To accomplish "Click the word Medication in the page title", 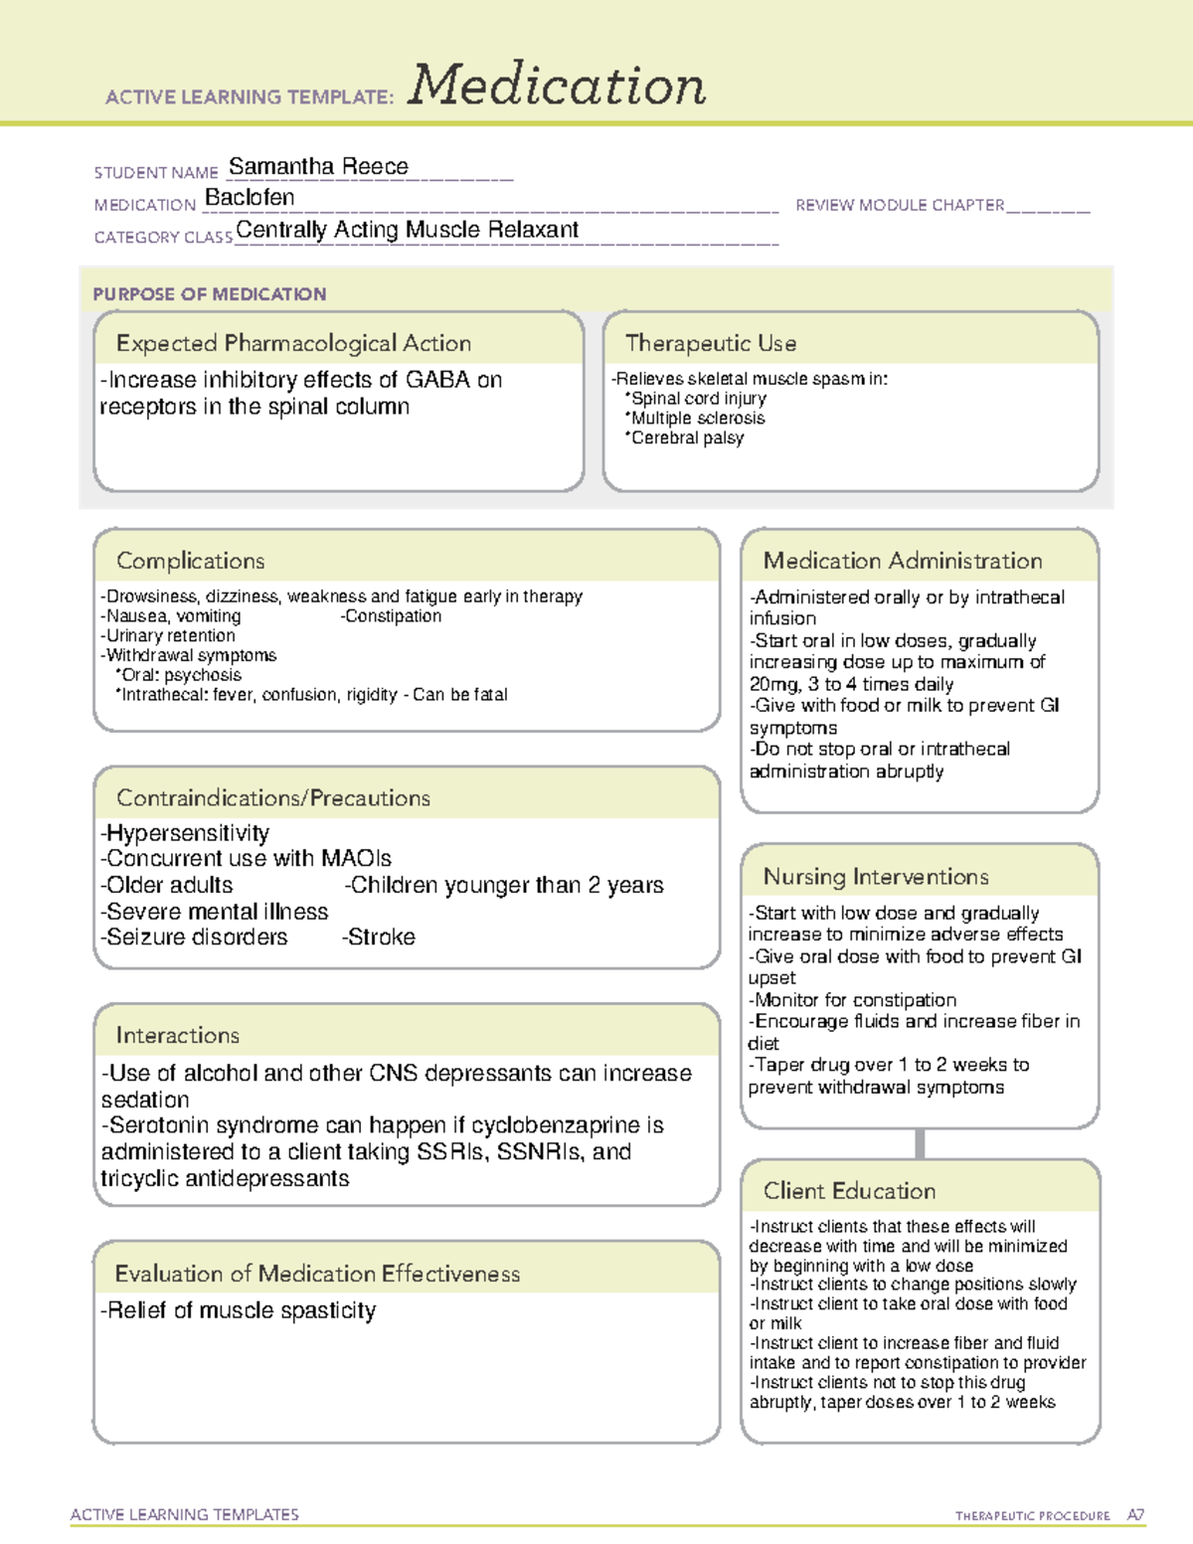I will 557,86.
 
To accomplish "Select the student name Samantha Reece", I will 318,166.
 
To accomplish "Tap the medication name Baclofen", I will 250,198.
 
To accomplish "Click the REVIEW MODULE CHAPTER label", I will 900,205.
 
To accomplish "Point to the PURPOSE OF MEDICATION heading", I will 210,294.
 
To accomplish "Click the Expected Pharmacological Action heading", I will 293,343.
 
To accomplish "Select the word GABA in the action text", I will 437,380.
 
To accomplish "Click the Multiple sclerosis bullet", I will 697,419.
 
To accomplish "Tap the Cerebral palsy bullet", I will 686,437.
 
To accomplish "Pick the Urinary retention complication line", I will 170,635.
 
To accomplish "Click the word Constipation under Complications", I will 392,616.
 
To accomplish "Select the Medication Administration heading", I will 903,561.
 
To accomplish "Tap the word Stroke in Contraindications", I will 380,937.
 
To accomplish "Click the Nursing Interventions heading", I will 876,877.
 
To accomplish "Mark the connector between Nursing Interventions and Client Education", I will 920,1143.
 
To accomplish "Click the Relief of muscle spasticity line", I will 240,1310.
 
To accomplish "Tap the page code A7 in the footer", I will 1135,1515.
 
